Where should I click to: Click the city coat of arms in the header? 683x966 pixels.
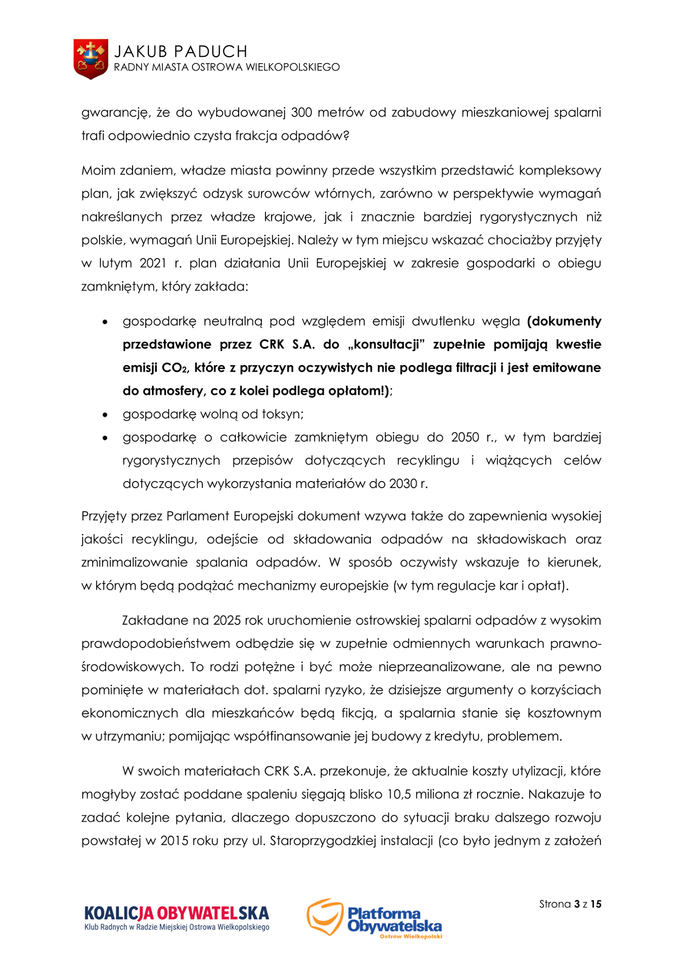pos(91,59)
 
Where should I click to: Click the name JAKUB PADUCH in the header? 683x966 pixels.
pos(181,51)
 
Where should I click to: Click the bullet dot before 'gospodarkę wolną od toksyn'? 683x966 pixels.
pos(105,415)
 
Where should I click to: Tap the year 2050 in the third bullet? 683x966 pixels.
pos(465,437)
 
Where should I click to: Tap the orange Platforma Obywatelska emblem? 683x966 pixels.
pos(325,916)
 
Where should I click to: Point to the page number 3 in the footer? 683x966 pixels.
pos(577,904)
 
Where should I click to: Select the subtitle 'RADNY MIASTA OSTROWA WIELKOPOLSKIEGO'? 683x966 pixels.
pos(227,67)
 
